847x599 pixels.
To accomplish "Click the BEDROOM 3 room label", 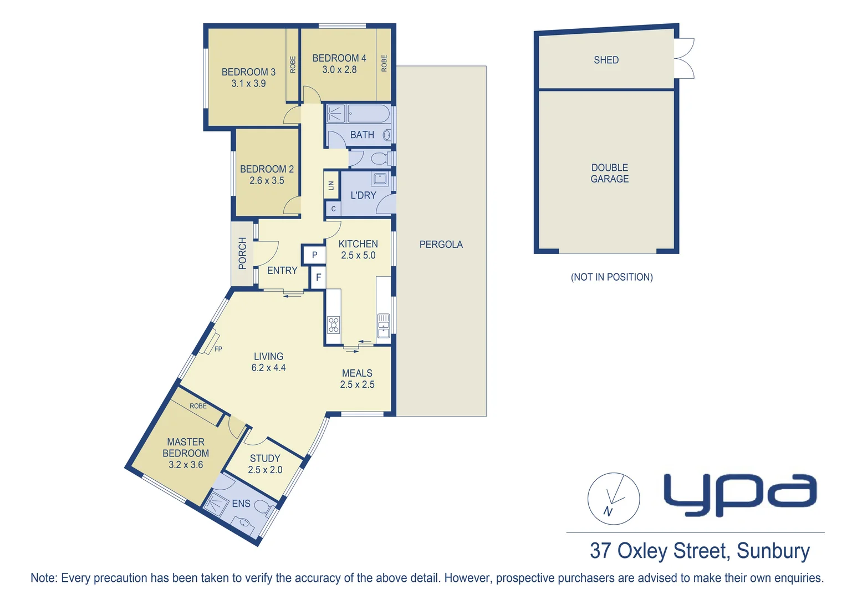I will [x=248, y=72].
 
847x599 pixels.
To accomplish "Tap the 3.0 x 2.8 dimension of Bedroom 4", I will [x=339, y=70].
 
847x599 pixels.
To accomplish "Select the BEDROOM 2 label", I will [x=267, y=169].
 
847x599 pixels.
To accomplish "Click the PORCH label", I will [x=242, y=253].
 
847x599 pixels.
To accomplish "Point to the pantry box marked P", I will [x=314, y=255].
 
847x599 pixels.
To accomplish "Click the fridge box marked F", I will [x=318, y=277].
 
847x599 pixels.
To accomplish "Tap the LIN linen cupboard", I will [x=331, y=186].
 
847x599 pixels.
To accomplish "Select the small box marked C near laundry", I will [x=333, y=209].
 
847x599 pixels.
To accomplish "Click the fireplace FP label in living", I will [x=218, y=349].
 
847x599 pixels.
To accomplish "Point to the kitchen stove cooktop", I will [x=333, y=324].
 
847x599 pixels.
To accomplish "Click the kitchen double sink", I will [x=384, y=326].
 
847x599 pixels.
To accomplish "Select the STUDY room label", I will [x=265, y=459].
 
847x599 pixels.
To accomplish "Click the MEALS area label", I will [x=357, y=373].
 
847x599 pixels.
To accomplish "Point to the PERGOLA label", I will [x=441, y=245].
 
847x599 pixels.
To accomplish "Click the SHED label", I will [x=606, y=60].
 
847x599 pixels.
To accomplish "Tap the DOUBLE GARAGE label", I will [x=609, y=173].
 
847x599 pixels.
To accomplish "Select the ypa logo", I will [x=740, y=494].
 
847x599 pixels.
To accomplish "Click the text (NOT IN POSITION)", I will [x=611, y=277].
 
